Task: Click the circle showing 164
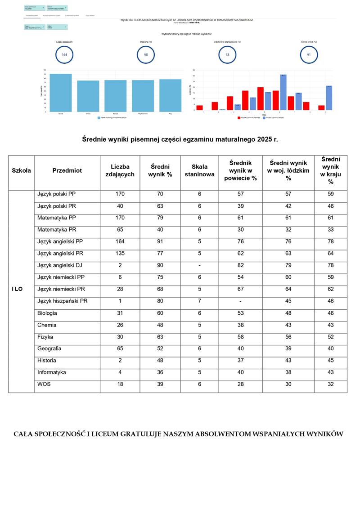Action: coord(64,54)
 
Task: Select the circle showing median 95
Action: coord(146,54)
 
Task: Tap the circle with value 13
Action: coord(227,54)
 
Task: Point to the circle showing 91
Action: coord(309,54)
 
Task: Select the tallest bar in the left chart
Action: coord(61,93)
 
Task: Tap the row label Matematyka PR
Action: coord(58,229)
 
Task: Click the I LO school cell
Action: coord(17,289)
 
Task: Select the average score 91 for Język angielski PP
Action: coord(160,241)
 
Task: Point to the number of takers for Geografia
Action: coord(120,348)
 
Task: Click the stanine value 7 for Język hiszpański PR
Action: coord(199,301)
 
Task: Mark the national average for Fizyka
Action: coord(331,336)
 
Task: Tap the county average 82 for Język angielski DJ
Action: coord(241,265)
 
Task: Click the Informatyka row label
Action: coord(52,372)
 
